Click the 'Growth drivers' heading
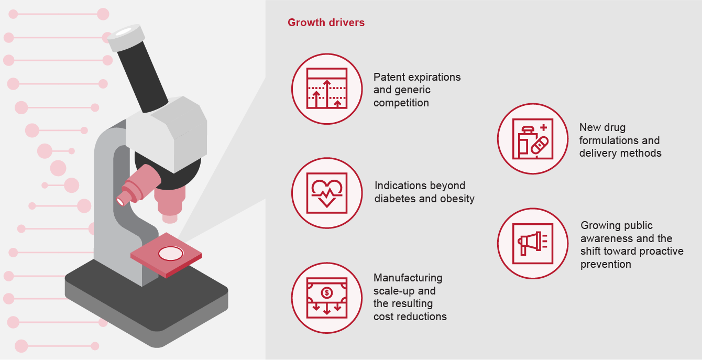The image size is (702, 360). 326,23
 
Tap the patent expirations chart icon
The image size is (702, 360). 327,89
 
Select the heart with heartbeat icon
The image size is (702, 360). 327,193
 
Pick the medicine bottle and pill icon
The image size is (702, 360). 533,139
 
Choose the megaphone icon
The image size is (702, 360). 533,243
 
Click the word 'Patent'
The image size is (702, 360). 390,77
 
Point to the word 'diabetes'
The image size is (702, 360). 395,199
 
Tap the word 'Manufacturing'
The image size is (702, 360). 408,278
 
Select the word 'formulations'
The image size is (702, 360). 607,140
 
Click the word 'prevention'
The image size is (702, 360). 606,264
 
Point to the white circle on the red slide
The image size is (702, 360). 170,254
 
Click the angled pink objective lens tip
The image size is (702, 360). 120,201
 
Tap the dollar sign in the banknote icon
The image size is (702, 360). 327,293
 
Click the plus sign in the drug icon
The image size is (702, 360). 544,127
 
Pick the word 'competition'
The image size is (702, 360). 401,103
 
